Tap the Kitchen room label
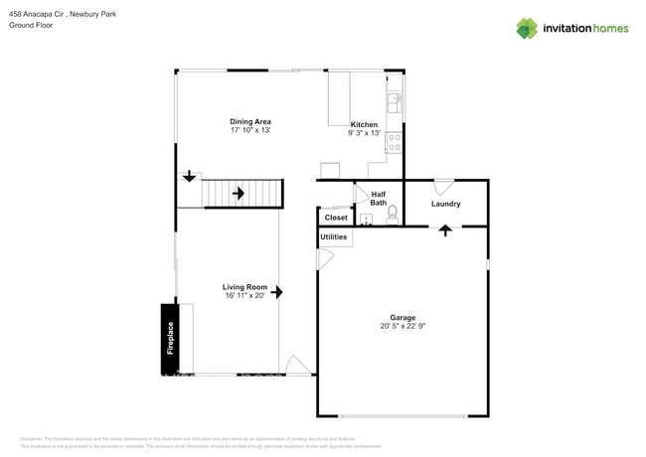[x=364, y=124]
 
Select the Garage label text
[x=403, y=317]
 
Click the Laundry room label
[x=445, y=204]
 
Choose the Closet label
[x=336, y=217]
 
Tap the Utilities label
[x=334, y=237]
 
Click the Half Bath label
[x=379, y=199]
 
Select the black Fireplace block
[x=170, y=338]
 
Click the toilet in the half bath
[x=392, y=213]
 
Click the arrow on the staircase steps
[x=238, y=193]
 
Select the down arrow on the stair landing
[x=189, y=177]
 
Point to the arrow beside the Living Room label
[x=276, y=291]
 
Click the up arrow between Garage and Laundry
[x=445, y=229]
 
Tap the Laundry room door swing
[x=444, y=186]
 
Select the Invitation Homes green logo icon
[x=526, y=28]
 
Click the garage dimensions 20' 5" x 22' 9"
[x=403, y=326]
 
